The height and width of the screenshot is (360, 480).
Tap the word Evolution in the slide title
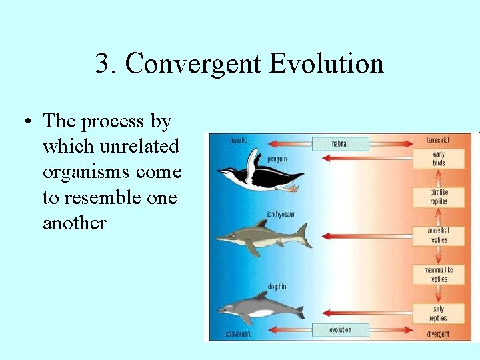(x=326, y=64)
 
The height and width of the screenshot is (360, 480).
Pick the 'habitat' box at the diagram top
(x=340, y=143)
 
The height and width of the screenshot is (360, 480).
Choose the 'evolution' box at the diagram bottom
(x=340, y=330)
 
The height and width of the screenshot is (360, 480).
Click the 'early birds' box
(x=438, y=159)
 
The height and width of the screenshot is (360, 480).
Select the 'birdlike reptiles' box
(x=438, y=197)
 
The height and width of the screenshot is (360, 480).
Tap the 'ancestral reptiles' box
(x=438, y=235)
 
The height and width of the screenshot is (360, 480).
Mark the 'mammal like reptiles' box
(x=438, y=275)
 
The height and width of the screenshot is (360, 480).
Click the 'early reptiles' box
(x=438, y=313)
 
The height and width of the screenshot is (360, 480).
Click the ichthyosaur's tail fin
(x=303, y=233)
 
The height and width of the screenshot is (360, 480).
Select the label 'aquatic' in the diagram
(x=239, y=141)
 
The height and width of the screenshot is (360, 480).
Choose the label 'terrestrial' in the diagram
(x=438, y=141)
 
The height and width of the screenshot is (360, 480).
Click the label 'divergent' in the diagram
(x=439, y=333)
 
